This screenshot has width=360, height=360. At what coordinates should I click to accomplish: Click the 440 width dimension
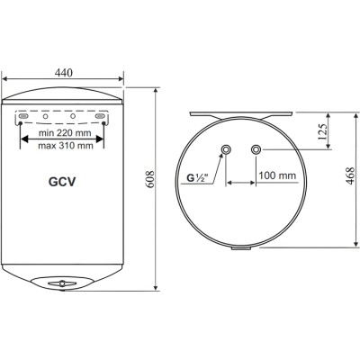pos(64,71)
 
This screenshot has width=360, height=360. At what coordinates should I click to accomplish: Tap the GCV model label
pos(62,179)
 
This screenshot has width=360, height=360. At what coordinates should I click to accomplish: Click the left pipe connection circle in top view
pos(226,149)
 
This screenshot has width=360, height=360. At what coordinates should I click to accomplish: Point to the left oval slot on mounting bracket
pos(26,118)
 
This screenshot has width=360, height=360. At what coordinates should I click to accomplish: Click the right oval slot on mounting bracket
pos(100,118)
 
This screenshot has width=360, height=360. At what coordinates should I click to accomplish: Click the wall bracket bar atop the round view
pos(241,114)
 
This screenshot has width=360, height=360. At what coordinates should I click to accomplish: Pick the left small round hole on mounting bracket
pos(46,118)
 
